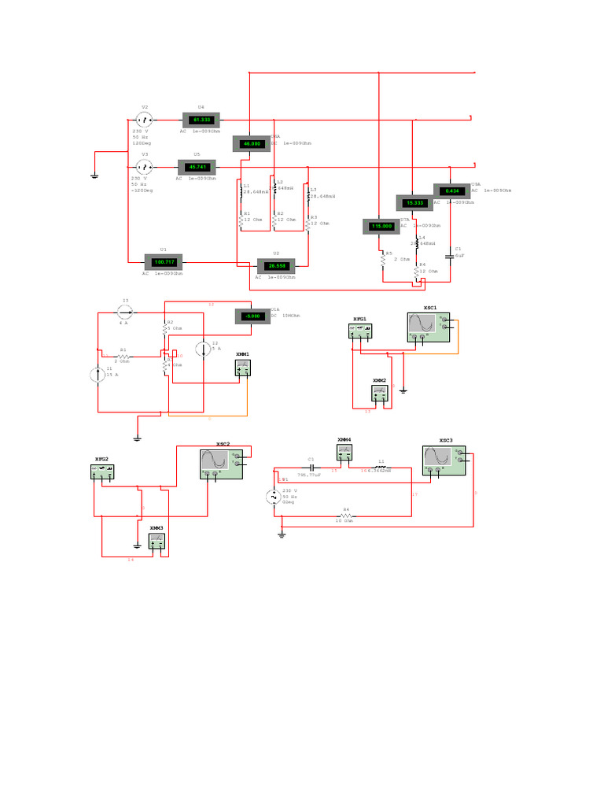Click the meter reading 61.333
click(203, 120)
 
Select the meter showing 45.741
click(197, 168)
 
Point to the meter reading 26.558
click(276, 265)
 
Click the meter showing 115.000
click(381, 227)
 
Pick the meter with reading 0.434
click(452, 190)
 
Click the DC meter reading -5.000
click(252, 316)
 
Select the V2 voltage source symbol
click(145, 120)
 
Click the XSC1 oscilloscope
click(429, 326)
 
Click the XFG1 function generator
click(361, 331)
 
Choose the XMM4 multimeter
click(344, 452)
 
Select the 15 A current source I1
click(98, 374)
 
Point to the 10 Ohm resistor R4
click(344, 516)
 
